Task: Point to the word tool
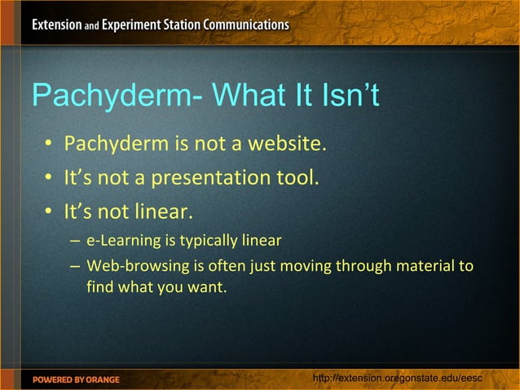click(x=293, y=177)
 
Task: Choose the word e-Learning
click(x=120, y=241)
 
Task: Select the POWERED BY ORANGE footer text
click(x=76, y=379)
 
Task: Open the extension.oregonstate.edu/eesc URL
click(x=399, y=379)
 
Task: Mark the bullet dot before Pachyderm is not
click(x=49, y=147)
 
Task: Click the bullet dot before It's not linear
click(x=49, y=212)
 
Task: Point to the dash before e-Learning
click(x=75, y=242)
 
